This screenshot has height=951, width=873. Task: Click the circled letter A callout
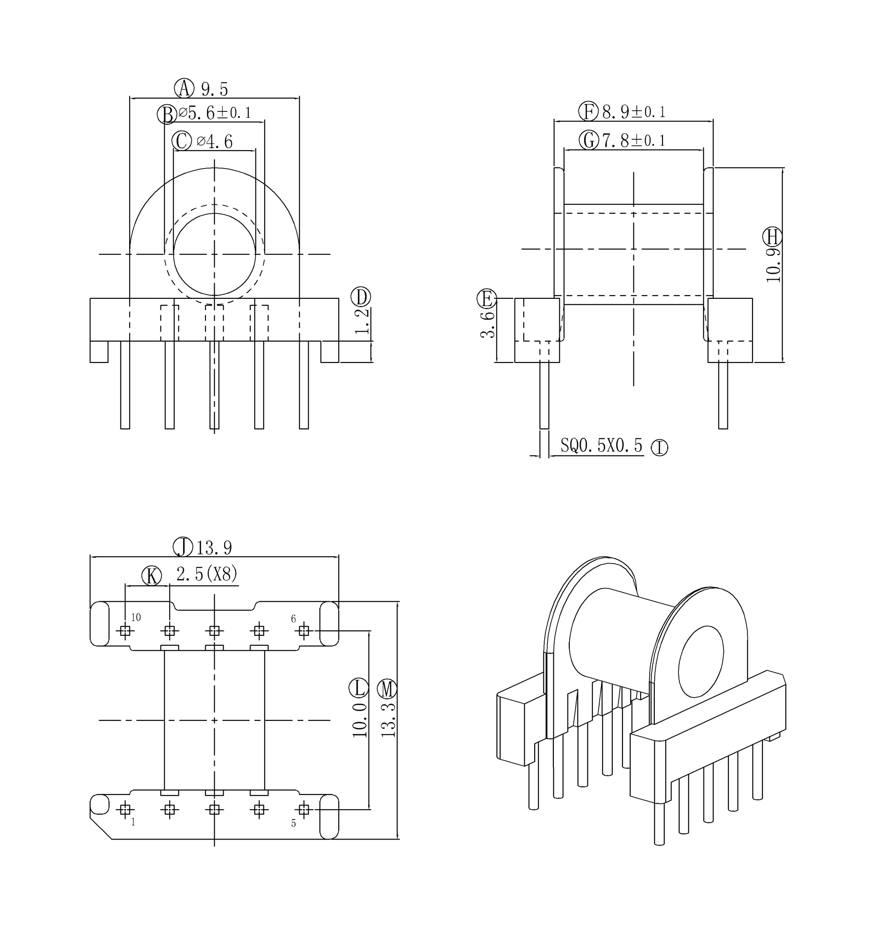(x=184, y=88)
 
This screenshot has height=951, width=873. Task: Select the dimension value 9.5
(x=215, y=89)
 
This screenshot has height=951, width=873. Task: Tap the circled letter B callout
(x=167, y=114)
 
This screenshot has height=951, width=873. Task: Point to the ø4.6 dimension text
(x=215, y=141)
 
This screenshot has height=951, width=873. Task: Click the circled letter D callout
(x=361, y=297)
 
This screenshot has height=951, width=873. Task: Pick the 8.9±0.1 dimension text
(x=633, y=112)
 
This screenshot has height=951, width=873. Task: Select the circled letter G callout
(x=589, y=141)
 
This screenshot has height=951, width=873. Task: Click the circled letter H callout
(x=772, y=236)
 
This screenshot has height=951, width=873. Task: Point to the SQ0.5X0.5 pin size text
(x=601, y=445)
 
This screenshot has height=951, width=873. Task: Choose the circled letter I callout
(x=659, y=448)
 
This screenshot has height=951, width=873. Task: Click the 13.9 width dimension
(x=214, y=548)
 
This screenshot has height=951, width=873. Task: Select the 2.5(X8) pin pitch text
(x=206, y=574)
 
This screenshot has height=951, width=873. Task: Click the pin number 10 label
(x=136, y=618)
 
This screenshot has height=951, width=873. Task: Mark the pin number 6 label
(x=293, y=619)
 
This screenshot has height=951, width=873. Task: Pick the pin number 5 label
(x=293, y=824)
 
